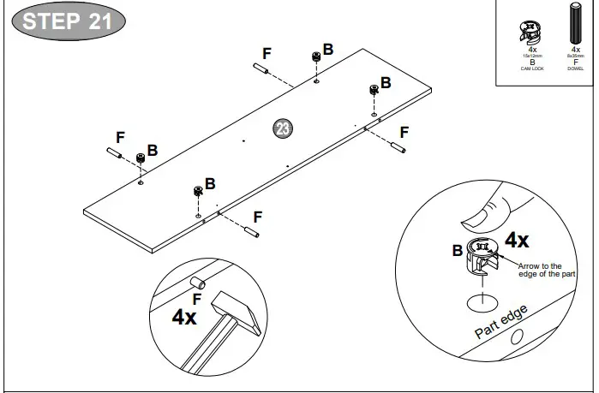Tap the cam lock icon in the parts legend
point(532,32)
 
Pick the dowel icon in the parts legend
point(575,26)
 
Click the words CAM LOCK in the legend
point(532,68)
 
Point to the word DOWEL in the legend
point(575,68)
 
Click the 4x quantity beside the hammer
point(184,318)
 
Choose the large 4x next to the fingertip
point(517,240)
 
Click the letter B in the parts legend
point(532,62)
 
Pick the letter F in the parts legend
point(575,62)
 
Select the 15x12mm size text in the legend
point(532,56)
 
